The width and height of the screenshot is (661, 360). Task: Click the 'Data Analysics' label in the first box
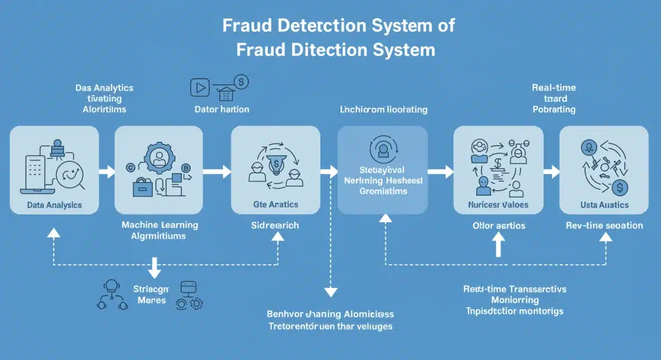coord(54,205)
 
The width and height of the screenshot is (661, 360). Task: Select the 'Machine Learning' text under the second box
coord(160,225)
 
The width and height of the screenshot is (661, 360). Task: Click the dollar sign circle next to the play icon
coord(241,82)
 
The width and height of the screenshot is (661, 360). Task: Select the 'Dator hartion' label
coord(222,109)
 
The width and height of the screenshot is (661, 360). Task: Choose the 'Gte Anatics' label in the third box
coord(275,204)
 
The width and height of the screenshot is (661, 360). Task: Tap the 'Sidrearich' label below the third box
coord(275,225)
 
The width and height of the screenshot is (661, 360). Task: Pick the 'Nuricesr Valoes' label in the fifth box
coord(498,205)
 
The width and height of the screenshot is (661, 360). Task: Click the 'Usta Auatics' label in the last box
coord(603,205)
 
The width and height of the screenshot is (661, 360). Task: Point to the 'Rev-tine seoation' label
coord(604,225)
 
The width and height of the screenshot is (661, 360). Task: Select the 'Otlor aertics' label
coord(499,225)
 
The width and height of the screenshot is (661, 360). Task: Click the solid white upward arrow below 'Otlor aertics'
coord(498,245)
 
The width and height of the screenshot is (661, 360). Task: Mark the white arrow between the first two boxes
coord(106,172)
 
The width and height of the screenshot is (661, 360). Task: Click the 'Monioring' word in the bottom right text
coord(514,300)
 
